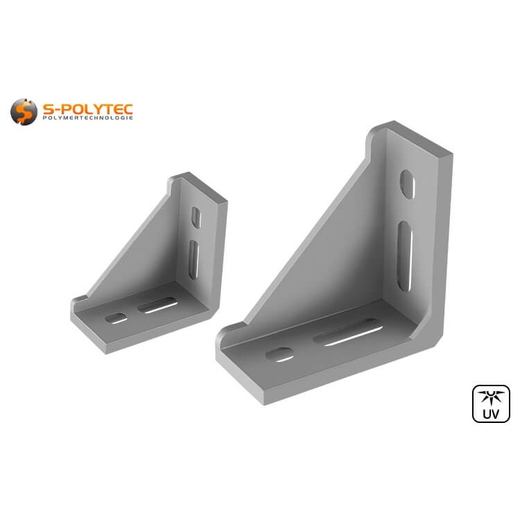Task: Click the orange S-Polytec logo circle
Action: (24, 112)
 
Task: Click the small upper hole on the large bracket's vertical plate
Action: (408, 184)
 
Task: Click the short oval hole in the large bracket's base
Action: (279, 354)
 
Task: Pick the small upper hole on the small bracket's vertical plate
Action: (196, 218)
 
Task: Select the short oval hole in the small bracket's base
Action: (116, 318)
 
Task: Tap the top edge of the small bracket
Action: (201, 186)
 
